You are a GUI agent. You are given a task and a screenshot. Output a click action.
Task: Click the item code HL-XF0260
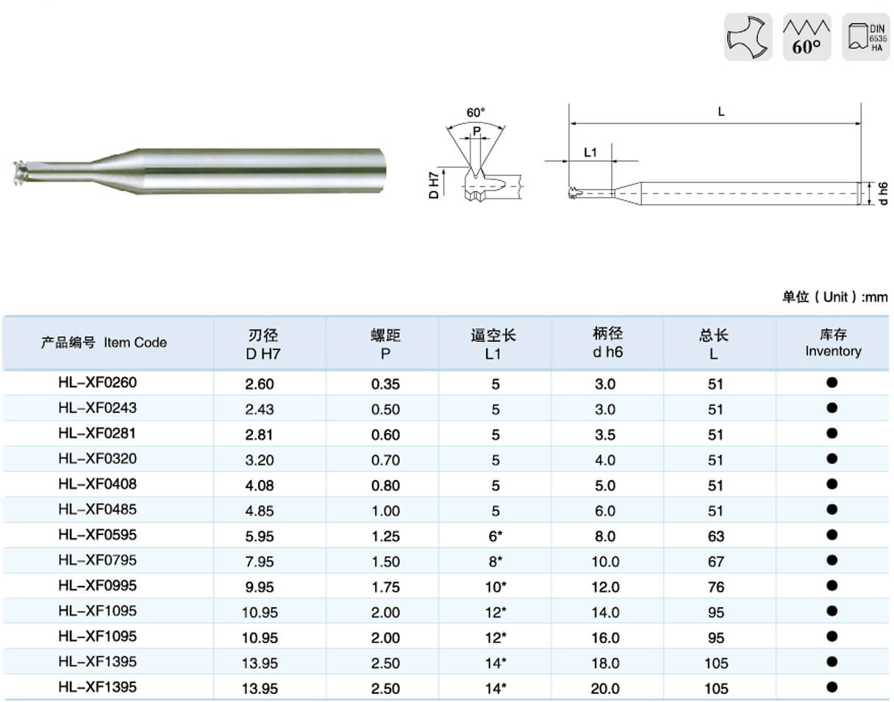coord(98,382)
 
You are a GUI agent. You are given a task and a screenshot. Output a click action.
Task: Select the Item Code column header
coord(104,342)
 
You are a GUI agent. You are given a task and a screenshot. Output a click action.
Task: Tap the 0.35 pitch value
coord(385,384)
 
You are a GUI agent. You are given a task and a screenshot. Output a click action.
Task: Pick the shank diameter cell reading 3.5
coord(605,434)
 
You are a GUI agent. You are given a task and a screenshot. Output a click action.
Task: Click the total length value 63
coord(716,537)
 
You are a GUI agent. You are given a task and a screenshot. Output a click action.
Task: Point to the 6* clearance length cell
coord(496,536)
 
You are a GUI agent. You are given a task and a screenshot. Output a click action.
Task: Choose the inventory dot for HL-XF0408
coord(832,484)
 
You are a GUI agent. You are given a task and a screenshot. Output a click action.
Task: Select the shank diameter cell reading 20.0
coord(606,689)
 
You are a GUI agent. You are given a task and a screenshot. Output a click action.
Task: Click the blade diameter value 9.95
coord(260,587)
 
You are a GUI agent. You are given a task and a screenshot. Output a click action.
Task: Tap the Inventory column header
coord(833,343)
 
